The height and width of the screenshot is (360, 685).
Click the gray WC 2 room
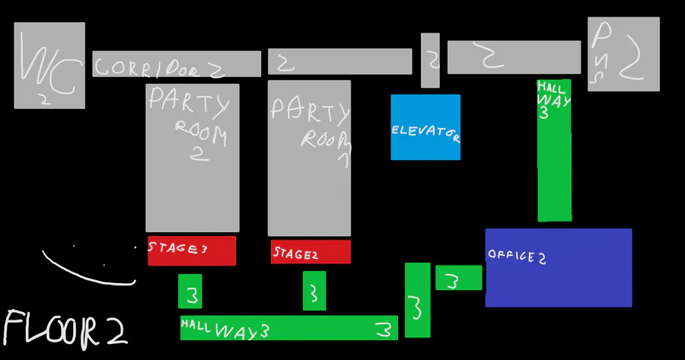tap(49, 65)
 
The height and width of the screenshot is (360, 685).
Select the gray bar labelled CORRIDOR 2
tap(177, 64)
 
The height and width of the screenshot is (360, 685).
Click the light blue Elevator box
tap(425, 127)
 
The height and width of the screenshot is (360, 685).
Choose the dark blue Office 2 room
tap(559, 268)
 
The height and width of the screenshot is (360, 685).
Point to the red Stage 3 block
tap(192, 250)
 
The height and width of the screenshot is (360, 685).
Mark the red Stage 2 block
tap(311, 252)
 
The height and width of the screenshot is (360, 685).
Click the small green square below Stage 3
tap(190, 292)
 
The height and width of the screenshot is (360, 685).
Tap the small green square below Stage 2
tap(314, 291)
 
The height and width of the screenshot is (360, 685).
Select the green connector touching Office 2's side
tap(459, 278)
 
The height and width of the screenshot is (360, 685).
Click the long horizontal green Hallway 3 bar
tap(289, 327)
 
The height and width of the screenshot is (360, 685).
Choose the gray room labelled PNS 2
tap(623, 54)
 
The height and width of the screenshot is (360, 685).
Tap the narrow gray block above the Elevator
tap(430, 60)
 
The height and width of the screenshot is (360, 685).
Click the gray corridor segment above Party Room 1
tap(339, 62)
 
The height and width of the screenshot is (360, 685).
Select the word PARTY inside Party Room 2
tap(187, 102)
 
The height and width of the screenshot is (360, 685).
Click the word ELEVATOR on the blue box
tap(425, 132)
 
